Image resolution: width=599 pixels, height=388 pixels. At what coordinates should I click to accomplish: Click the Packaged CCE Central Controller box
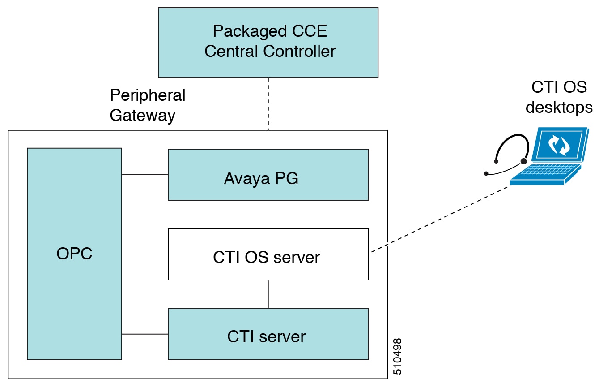click(x=268, y=42)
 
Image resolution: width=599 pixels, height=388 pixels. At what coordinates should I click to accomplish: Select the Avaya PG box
click(x=268, y=174)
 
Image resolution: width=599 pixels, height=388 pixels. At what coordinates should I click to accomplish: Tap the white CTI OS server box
click(x=268, y=254)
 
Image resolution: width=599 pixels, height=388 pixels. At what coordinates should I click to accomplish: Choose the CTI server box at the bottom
click(x=268, y=334)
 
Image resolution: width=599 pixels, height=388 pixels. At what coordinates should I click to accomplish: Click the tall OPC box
click(x=74, y=254)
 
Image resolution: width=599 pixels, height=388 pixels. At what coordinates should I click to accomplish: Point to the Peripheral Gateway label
click(x=147, y=105)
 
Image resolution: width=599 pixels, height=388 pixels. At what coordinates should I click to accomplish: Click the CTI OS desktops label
click(x=559, y=97)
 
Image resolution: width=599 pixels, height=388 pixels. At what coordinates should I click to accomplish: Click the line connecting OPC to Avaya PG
click(x=144, y=175)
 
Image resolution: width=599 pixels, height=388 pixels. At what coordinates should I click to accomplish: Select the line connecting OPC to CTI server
click(x=144, y=334)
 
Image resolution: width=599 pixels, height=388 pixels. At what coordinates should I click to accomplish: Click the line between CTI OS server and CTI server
click(x=268, y=294)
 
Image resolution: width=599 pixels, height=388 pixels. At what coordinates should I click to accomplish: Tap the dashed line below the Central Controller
click(x=268, y=103)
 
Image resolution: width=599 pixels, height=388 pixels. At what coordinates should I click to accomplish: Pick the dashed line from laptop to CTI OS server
click(x=438, y=219)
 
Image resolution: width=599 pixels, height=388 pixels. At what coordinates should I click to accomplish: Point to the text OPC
click(x=74, y=254)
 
